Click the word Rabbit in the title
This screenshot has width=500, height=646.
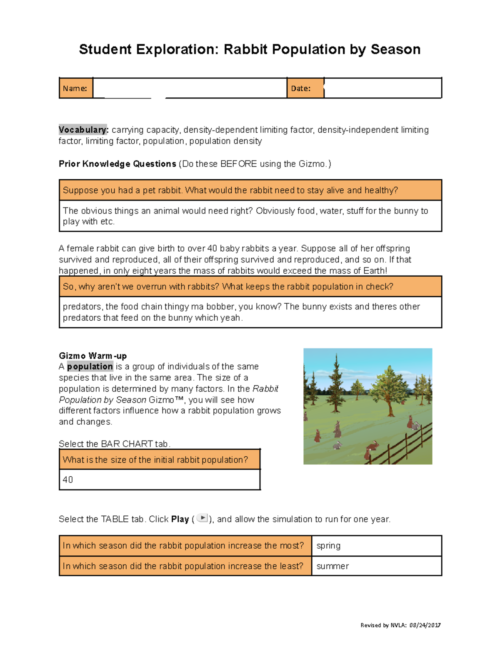(x=245, y=50)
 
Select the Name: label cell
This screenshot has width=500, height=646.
(x=75, y=88)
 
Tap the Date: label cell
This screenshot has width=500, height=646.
(x=305, y=88)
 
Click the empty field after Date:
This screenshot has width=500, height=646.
(x=382, y=88)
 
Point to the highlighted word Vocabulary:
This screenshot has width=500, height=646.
(x=83, y=130)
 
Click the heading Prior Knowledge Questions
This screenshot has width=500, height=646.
(x=117, y=164)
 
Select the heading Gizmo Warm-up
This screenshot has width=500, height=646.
(x=92, y=356)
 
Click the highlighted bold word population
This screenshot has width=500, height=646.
(x=90, y=366)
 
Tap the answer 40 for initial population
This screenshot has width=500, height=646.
(x=68, y=480)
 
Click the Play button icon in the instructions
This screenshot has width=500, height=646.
(x=202, y=518)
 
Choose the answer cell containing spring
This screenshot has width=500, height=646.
(x=376, y=546)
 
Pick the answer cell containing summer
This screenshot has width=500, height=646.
(x=376, y=566)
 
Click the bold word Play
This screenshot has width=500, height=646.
(x=180, y=519)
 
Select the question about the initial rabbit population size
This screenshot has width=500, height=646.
(x=155, y=460)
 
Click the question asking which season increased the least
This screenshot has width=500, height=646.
(x=183, y=566)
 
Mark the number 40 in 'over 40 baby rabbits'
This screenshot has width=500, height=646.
(x=212, y=249)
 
